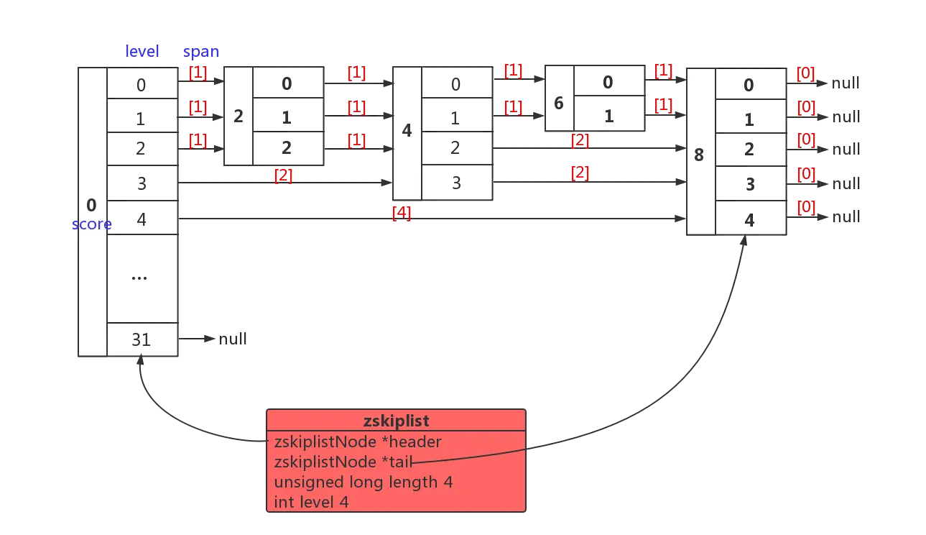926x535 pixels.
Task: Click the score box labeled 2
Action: tap(239, 116)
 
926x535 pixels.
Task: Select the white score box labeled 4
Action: tap(407, 132)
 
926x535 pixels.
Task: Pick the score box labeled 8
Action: tap(700, 152)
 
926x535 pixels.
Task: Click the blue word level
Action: tap(142, 52)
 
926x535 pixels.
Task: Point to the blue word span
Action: tap(201, 52)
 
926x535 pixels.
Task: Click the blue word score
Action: tap(91, 224)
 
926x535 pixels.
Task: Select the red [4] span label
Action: tap(402, 213)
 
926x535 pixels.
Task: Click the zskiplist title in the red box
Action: tap(396, 421)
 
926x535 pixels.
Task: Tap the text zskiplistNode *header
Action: tap(358, 442)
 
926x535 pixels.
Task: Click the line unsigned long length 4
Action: tap(363, 482)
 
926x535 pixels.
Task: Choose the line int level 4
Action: tap(311, 502)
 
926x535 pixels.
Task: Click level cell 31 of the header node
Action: tap(141, 339)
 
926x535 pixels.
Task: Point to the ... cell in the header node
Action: tap(141, 279)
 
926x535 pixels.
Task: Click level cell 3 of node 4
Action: tap(456, 183)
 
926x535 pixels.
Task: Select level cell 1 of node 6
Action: tap(608, 114)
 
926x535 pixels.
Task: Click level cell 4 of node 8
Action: tap(749, 217)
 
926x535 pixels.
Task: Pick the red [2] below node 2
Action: tap(283, 175)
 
